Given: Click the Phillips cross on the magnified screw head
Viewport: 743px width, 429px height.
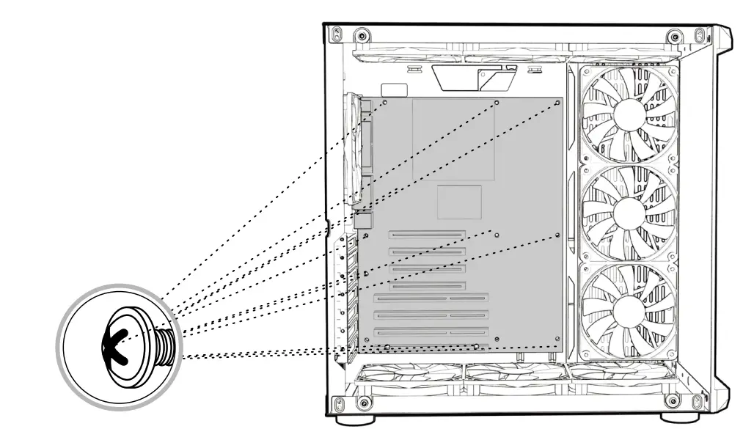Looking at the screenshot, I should tap(117, 340).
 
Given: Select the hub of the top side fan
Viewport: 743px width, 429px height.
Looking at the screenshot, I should tap(629, 113).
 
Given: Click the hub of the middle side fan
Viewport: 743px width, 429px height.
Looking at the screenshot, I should tap(629, 213).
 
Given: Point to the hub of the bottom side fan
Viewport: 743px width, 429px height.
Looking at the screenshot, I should tap(629, 312).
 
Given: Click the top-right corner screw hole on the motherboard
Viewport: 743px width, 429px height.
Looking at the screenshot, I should tap(558, 103).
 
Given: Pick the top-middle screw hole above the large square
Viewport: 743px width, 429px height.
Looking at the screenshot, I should tap(497, 103).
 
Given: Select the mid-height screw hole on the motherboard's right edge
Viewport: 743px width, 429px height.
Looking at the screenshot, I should tap(558, 235).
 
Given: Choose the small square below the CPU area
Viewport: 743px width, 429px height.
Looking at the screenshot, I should tap(459, 202).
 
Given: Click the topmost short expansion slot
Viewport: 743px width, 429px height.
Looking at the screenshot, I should tap(427, 236).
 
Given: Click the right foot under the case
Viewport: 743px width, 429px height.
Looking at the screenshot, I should tap(674, 420).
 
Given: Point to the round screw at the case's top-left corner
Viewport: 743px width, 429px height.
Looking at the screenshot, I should tap(360, 35).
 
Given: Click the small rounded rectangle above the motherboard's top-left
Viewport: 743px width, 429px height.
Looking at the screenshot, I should tap(395, 89).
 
